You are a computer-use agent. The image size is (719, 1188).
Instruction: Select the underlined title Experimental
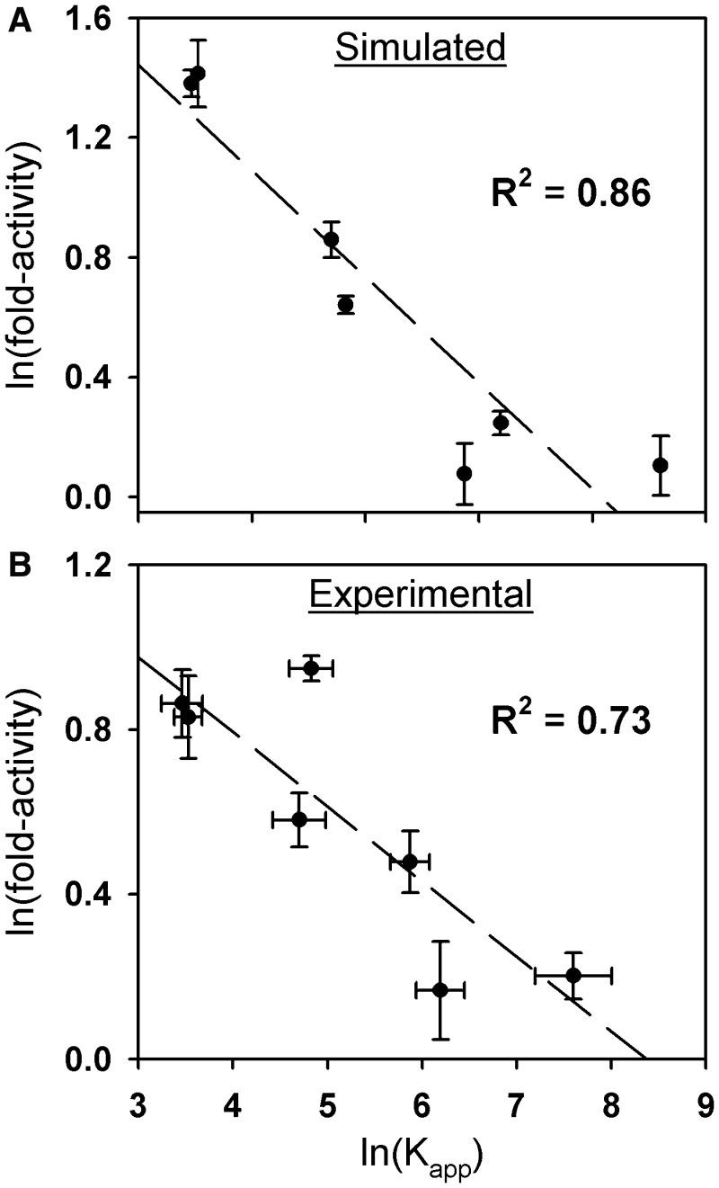[x=421, y=594]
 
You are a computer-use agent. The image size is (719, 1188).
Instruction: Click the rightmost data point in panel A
[x=661, y=465]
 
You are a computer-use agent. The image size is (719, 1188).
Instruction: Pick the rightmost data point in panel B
[x=573, y=975]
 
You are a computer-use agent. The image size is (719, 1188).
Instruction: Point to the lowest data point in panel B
[x=440, y=990]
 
